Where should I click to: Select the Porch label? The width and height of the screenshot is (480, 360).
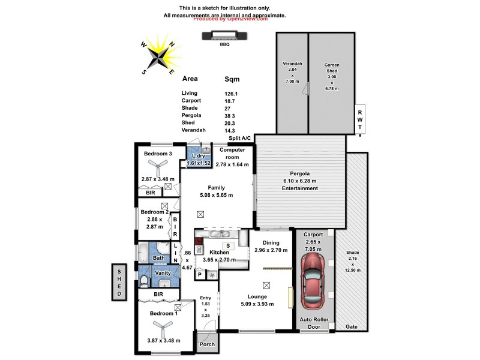pyautogui.click(x=207, y=344)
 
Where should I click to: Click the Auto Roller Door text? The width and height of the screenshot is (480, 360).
pyautogui.click(x=315, y=323)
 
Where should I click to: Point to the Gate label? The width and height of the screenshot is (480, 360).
pyautogui.click(x=352, y=326)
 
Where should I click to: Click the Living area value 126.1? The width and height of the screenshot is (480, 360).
pyautogui.click(x=231, y=93)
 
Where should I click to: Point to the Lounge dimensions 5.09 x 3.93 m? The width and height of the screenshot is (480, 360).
pyautogui.click(x=257, y=304)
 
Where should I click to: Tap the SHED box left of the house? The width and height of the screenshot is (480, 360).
pyautogui.click(x=120, y=281)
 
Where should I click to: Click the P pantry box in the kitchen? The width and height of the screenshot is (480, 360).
pyautogui.click(x=200, y=274)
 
